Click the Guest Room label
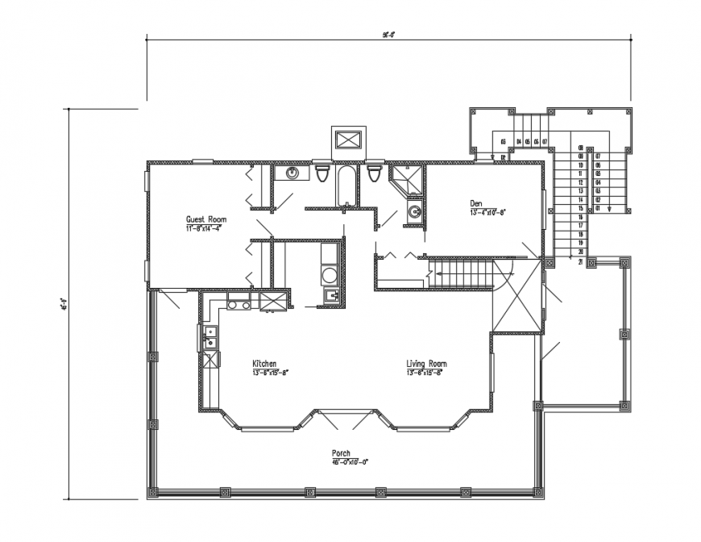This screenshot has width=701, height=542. click(x=206, y=219)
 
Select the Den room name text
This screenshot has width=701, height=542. click(x=478, y=203)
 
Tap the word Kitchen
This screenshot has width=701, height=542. click(x=264, y=364)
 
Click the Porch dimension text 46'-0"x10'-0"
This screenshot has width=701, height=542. click(x=349, y=462)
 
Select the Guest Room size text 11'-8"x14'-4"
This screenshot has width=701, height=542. click(x=203, y=227)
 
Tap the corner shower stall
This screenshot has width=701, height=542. click(x=406, y=181)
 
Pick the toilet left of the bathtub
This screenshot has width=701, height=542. click(x=323, y=174)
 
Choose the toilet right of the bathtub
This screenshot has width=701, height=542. click(x=374, y=174)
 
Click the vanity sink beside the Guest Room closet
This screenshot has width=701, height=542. click(x=292, y=173)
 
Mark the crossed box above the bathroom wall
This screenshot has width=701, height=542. click(x=350, y=140)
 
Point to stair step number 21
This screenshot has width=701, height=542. click(x=580, y=261)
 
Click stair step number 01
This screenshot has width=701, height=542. click(x=598, y=208)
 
